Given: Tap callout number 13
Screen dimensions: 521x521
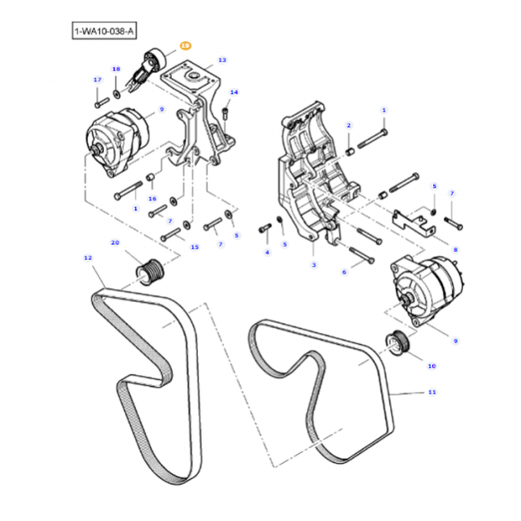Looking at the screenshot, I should tap(222, 61).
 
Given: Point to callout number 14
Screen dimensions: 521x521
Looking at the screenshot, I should tap(234, 93).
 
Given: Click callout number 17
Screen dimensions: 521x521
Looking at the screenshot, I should tap(97, 79).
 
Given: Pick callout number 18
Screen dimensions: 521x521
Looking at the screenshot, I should tap(116, 69).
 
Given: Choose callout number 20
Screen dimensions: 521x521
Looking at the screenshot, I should tap(115, 242).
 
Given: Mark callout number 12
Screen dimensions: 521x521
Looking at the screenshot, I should tap(87, 258).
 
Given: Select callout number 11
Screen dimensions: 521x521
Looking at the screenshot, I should tap(432, 393).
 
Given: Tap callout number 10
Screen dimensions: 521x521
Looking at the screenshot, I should tap(432, 365).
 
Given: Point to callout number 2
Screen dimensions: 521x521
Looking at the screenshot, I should tap(349, 125).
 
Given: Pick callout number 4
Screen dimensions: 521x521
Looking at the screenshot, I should tap(267, 252).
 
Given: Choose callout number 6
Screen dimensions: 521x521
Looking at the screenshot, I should tap(344, 272).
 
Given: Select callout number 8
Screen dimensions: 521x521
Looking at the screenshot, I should tap(456, 250).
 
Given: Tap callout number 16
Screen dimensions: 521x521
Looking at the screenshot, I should tap(153, 198).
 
